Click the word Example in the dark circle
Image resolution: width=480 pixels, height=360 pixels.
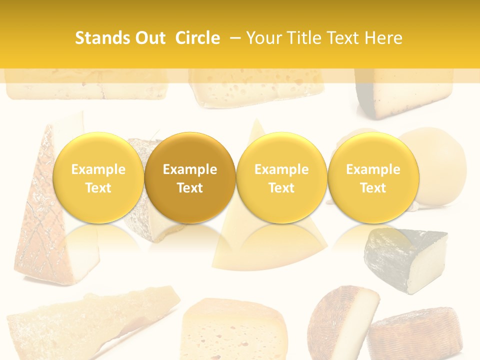coord(190,169)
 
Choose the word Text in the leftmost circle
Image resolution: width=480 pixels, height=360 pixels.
coord(98,188)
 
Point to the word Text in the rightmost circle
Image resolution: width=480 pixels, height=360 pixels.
coord(373,188)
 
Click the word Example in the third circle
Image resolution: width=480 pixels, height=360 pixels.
coord(281,169)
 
